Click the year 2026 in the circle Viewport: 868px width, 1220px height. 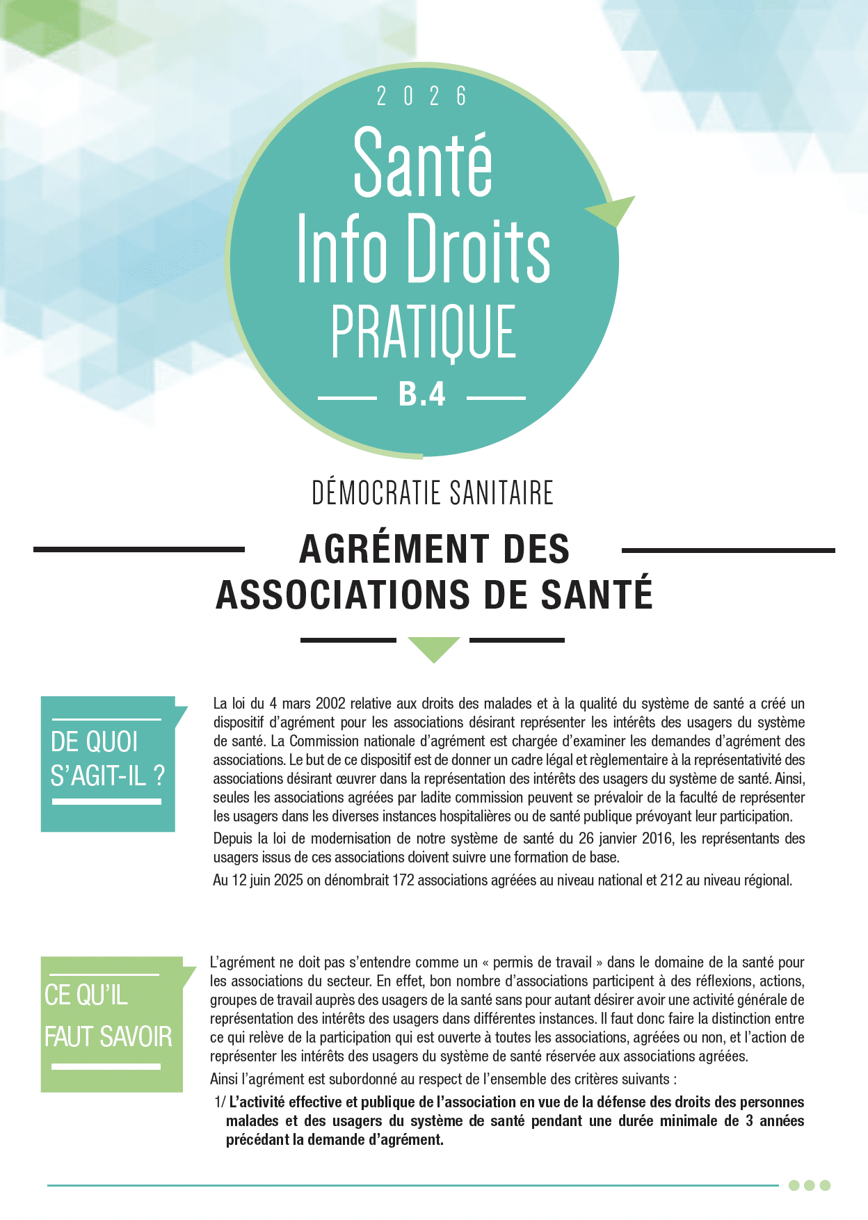pyautogui.click(x=421, y=97)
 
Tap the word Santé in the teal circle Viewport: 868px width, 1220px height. pyautogui.click(x=423, y=163)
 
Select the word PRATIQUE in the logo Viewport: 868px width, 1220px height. pyautogui.click(x=423, y=332)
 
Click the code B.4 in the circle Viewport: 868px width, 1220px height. pyautogui.click(x=421, y=394)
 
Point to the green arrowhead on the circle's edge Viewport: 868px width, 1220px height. pyautogui.click(x=613, y=209)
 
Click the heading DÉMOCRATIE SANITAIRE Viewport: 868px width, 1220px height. pyautogui.click(x=433, y=493)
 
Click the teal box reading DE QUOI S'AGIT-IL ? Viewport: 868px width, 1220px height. pyautogui.click(x=108, y=763)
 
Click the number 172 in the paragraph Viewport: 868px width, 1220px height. pyautogui.click(x=403, y=880)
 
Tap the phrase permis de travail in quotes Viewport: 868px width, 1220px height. pyautogui.click(x=542, y=963)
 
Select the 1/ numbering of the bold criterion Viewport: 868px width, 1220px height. pyautogui.click(x=220, y=1102)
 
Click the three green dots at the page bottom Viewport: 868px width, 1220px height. pyautogui.click(x=809, y=1185)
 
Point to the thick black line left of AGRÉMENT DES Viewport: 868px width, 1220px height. pyautogui.click(x=139, y=549)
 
